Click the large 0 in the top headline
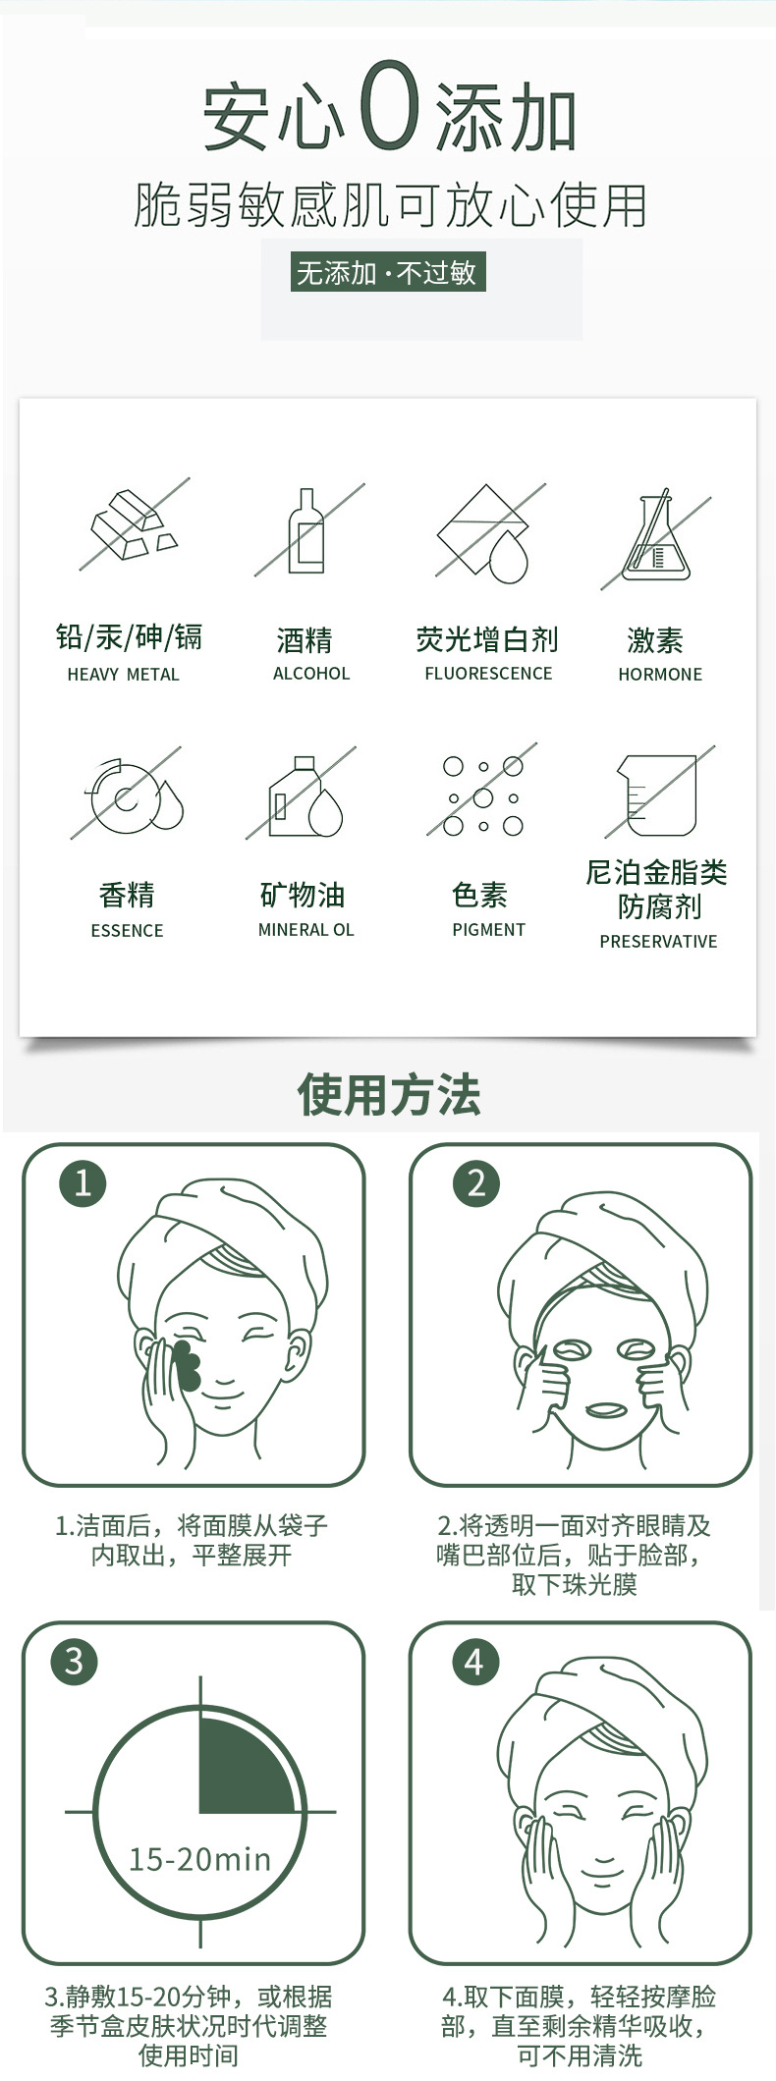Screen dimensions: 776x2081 coord(390,103)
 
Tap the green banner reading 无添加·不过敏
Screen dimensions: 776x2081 coord(387,272)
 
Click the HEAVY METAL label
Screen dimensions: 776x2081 coord(124,675)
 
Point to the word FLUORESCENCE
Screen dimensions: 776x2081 coord(488,674)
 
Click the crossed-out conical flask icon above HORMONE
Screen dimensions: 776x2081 coord(656,538)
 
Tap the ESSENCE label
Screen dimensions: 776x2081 coord(127,931)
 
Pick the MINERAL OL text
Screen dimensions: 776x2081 coord(305,930)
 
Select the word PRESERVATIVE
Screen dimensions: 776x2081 coord(658,942)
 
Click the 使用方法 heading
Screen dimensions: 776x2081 coord(389,1095)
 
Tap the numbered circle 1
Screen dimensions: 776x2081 coord(83,1182)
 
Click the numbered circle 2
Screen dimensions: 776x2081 coord(476,1182)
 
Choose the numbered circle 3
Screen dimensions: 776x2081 coord(75,1662)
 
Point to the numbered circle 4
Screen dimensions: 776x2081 coord(474,1662)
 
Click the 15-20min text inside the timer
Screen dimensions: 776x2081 coord(199,1859)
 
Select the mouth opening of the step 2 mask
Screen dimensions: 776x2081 coord(603,1410)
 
